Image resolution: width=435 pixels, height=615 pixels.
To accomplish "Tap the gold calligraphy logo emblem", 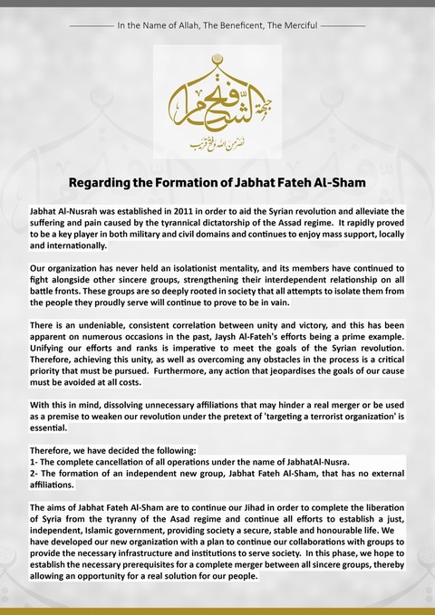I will pyautogui.click(x=217, y=91).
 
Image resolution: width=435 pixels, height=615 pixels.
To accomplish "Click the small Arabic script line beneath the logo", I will pyautogui.click(x=217, y=142).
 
